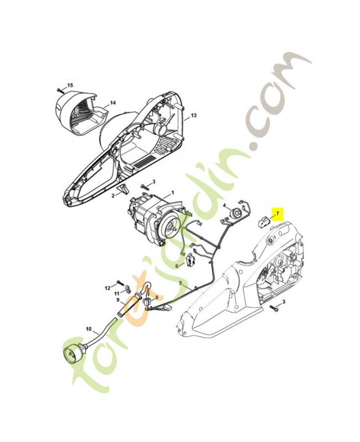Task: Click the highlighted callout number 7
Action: point(278,213)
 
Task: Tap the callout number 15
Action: point(70,85)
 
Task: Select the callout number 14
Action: point(113,103)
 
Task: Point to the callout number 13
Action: point(193,115)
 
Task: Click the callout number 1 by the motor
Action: point(173,192)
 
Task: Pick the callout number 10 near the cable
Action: point(88,329)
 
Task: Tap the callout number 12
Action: point(108,288)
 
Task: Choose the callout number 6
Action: point(177,266)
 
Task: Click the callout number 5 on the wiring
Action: point(181,282)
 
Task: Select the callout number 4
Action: point(225,206)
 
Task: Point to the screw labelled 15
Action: point(61,90)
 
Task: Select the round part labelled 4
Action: point(234,213)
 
